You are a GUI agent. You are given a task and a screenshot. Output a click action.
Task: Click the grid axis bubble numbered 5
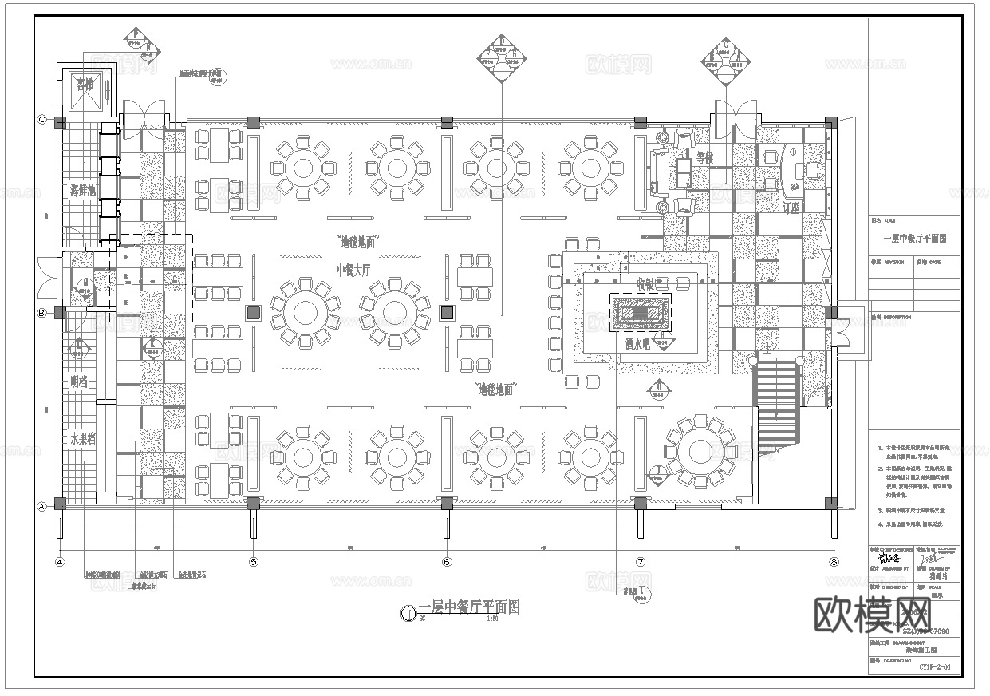click(x=254, y=562)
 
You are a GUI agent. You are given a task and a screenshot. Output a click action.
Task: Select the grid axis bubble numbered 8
click(x=834, y=562)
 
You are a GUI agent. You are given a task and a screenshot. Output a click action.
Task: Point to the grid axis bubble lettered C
click(x=42, y=120)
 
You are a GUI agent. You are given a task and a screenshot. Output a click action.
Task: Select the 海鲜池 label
click(x=82, y=190)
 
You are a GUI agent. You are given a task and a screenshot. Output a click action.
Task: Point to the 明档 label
click(x=80, y=382)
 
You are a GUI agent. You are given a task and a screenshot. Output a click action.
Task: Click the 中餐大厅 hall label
click(x=354, y=270)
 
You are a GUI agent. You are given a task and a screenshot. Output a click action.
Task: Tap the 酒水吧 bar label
click(x=638, y=346)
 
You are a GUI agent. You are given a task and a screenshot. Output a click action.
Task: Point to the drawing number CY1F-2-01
click(x=934, y=666)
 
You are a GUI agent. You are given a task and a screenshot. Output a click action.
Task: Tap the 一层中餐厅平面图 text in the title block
click(x=914, y=239)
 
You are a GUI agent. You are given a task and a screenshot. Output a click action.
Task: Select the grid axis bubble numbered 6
click(x=447, y=562)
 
